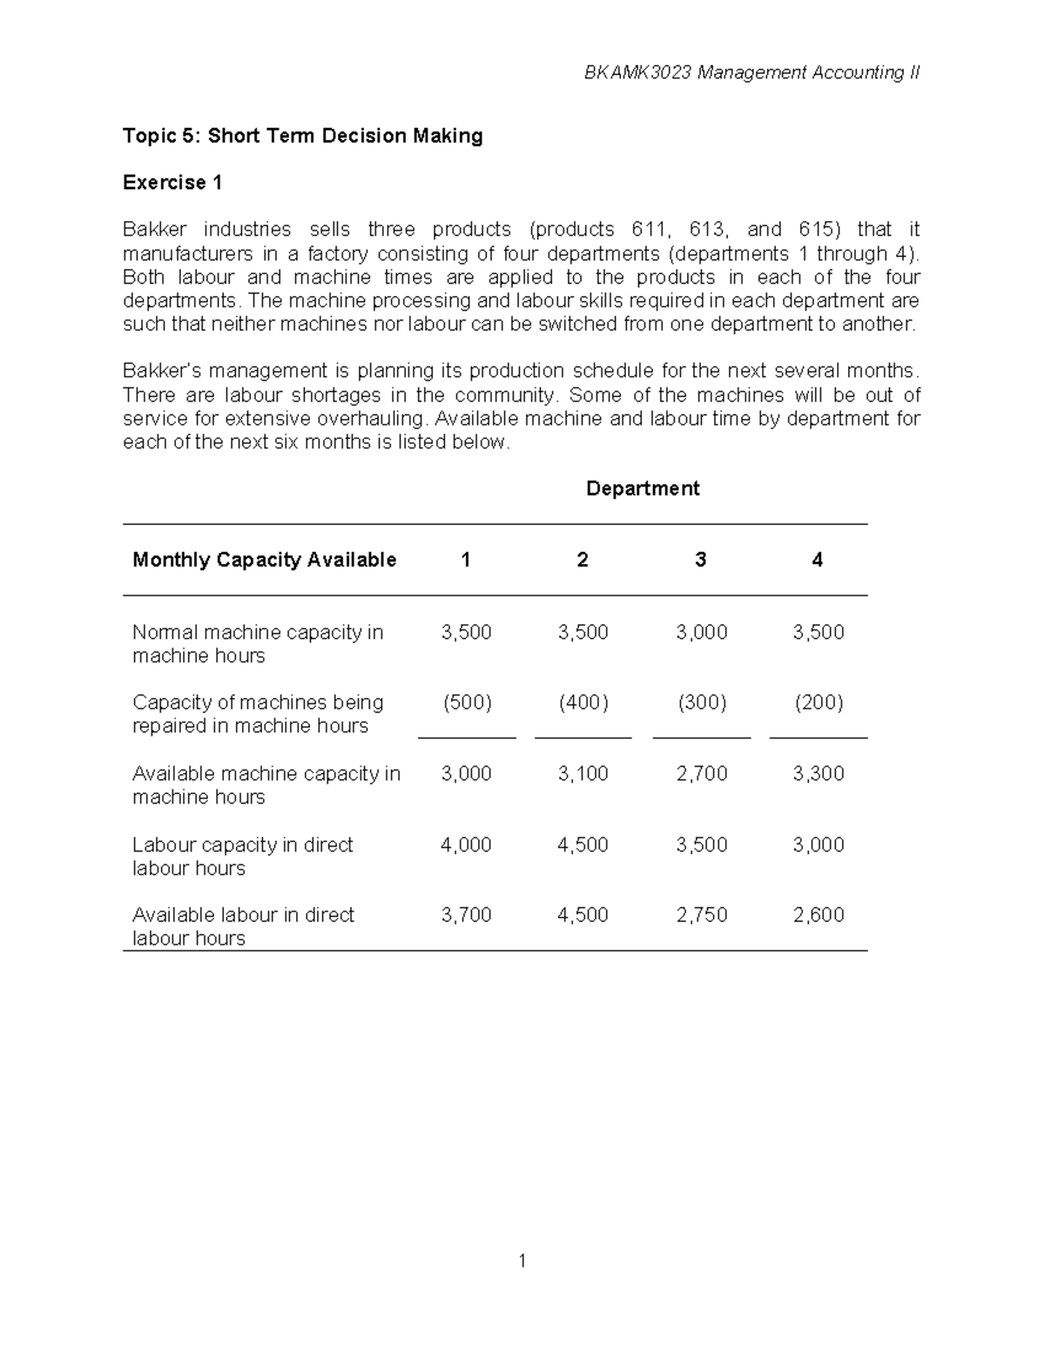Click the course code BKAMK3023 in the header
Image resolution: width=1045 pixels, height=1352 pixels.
pyautogui.click(x=638, y=73)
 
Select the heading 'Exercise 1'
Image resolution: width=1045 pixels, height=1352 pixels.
pyautogui.click(x=172, y=183)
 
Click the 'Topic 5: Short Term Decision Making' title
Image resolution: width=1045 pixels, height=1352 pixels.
pyautogui.click(x=302, y=136)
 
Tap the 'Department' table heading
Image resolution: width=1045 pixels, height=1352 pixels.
pyautogui.click(x=642, y=488)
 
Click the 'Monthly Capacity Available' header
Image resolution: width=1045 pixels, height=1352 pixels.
pyautogui.click(x=264, y=560)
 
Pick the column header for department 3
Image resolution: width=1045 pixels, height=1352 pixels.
pyautogui.click(x=700, y=560)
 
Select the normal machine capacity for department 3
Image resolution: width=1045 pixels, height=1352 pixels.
pyautogui.click(x=701, y=632)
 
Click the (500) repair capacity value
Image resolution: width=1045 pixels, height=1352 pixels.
pyautogui.click(x=467, y=703)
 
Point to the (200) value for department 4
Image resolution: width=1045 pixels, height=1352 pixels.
pyautogui.click(x=818, y=703)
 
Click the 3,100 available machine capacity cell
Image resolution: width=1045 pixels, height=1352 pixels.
pyautogui.click(x=583, y=774)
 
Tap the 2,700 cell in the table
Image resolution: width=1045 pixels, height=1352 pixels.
pyautogui.click(x=701, y=774)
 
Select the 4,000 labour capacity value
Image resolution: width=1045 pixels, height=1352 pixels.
pyautogui.click(x=466, y=844)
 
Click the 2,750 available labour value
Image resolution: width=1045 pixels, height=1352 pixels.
pyautogui.click(x=701, y=915)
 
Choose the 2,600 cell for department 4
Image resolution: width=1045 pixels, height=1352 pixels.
pyautogui.click(x=818, y=915)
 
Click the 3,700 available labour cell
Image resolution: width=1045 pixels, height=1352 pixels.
pyautogui.click(x=466, y=915)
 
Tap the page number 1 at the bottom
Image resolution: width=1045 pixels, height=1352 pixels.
pyautogui.click(x=522, y=1261)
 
